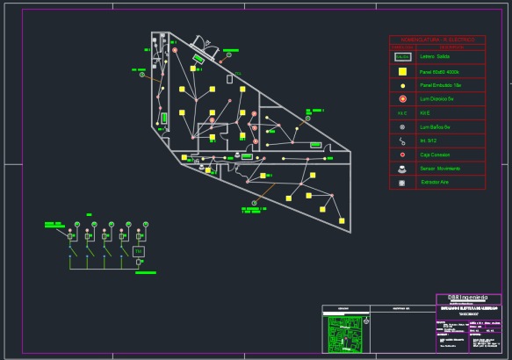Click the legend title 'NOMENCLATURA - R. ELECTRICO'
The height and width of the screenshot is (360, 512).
436,40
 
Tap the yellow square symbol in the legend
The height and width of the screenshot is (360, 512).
402,71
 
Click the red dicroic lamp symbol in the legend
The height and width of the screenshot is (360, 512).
402,99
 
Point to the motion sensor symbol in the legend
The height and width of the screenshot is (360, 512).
402,167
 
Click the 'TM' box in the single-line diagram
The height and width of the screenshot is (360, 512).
139,252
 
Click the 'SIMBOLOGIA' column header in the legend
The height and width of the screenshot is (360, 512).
402,47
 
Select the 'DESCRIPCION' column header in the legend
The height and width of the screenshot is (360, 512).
451,47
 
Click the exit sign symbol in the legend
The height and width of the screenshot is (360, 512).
402,56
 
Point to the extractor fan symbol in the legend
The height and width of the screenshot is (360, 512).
402,182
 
